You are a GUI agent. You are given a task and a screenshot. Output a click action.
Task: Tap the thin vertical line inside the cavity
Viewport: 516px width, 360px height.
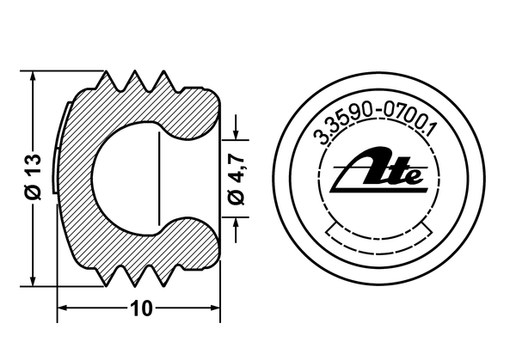pos(161,179)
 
